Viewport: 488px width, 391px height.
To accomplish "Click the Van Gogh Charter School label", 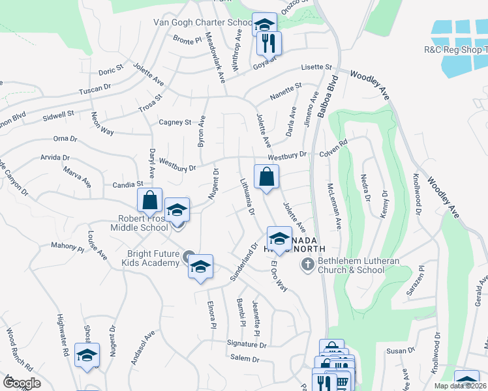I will pyautogui.click(x=202, y=22).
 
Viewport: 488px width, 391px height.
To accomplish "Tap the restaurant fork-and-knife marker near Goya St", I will pyautogui.click(x=269, y=44).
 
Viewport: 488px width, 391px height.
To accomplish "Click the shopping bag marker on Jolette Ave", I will pyautogui.click(x=267, y=177).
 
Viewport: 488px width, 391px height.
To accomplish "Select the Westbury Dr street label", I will pyautogui.click(x=286, y=155).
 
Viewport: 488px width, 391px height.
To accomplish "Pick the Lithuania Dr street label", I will pyautogui.click(x=246, y=196).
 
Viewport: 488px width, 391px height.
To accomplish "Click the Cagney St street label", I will pyautogui.click(x=175, y=122).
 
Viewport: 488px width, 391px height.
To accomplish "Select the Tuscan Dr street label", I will pyautogui.click(x=95, y=89).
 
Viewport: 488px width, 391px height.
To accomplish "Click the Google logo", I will pyautogui.click(x=21, y=383).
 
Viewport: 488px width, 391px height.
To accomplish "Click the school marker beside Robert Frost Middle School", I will pyautogui.click(x=177, y=211).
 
